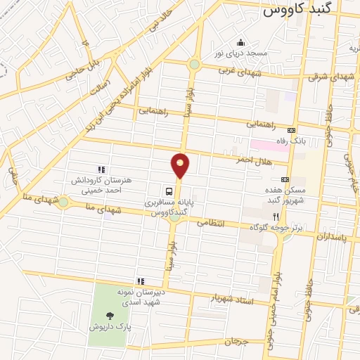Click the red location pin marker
[x=181, y=165]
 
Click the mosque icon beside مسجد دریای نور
[x=241, y=42]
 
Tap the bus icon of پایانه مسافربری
[x=169, y=191]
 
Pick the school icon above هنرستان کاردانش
[x=101, y=169]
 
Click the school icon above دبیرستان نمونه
[x=141, y=281]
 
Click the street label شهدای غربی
[x=239, y=72]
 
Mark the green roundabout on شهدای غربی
[x=194, y=65]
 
